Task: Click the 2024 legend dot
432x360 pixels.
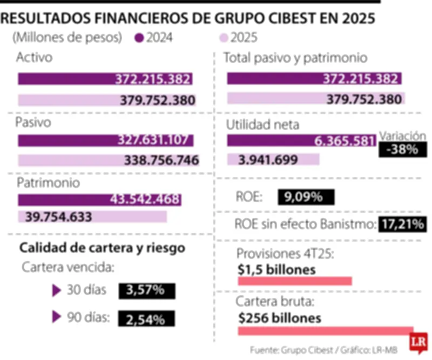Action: pyautogui.click(x=140, y=38)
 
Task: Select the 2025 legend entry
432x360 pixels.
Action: pyautogui.click(x=238, y=38)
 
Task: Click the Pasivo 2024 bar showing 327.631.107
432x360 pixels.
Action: pyautogui.click(x=105, y=141)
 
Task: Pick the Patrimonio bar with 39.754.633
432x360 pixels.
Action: pyautogui.click(x=92, y=217)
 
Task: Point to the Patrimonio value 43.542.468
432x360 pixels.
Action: pyautogui.click(x=145, y=199)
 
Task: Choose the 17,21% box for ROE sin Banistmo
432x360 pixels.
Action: pyautogui.click(x=402, y=223)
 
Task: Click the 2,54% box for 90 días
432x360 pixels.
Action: pyautogui.click(x=146, y=319)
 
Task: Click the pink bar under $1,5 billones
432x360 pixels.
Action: pyautogui.click(x=295, y=281)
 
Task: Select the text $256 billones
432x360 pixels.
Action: pyautogui.click(x=280, y=318)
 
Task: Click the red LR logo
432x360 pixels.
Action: pyautogui.click(x=416, y=342)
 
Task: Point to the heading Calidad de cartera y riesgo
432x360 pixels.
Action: pyautogui.click(x=103, y=248)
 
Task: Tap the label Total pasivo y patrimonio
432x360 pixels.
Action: pyautogui.click(x=295, y=58)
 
